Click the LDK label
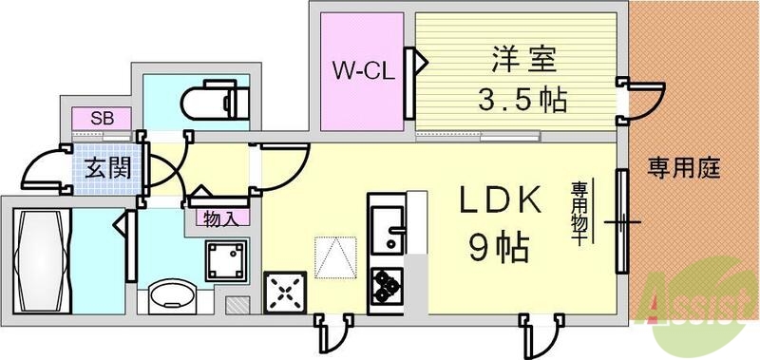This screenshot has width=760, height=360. [502, 202]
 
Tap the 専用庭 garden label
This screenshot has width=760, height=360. [684, 170]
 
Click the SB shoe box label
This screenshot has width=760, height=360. [99, 119]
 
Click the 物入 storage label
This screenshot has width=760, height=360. [221, 218]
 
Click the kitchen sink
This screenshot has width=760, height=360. [387, 228]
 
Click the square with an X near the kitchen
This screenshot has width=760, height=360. [284, 291]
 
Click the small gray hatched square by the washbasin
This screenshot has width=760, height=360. [237, 306]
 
